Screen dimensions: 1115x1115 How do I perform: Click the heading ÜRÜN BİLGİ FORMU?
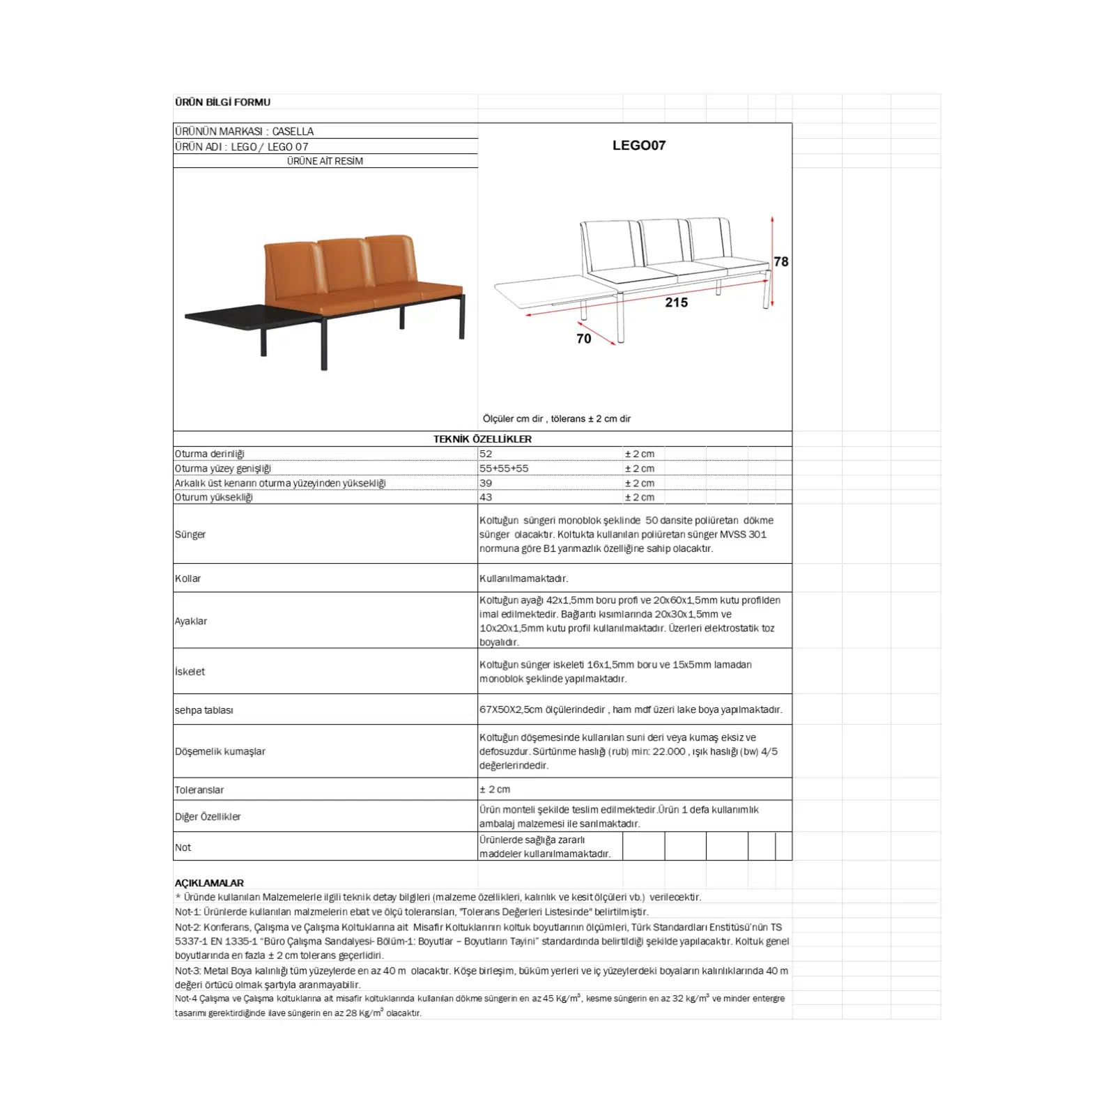222,102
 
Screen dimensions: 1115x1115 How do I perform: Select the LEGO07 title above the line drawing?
638,145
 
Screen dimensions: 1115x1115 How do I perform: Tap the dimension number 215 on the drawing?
676,302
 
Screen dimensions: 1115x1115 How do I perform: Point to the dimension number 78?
780,261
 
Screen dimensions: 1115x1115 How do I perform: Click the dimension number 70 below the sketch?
583,338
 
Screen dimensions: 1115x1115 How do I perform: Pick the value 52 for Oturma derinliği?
486,454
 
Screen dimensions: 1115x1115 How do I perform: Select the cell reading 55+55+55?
503,468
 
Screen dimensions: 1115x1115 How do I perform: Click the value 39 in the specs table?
486,483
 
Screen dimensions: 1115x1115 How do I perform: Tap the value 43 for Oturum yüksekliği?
486,497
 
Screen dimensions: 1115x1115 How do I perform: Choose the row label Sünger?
190,535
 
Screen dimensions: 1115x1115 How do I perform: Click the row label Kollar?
187,578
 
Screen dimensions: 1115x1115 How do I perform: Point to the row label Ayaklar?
191,621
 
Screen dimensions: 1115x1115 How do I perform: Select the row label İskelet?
190,672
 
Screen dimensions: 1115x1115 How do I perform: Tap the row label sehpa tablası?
203,710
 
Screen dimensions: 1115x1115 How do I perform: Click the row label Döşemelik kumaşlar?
220,751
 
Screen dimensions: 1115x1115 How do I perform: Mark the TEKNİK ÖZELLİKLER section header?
482,439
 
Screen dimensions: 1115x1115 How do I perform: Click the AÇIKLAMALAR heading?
209,883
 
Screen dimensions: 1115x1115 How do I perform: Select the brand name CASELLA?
293,131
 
